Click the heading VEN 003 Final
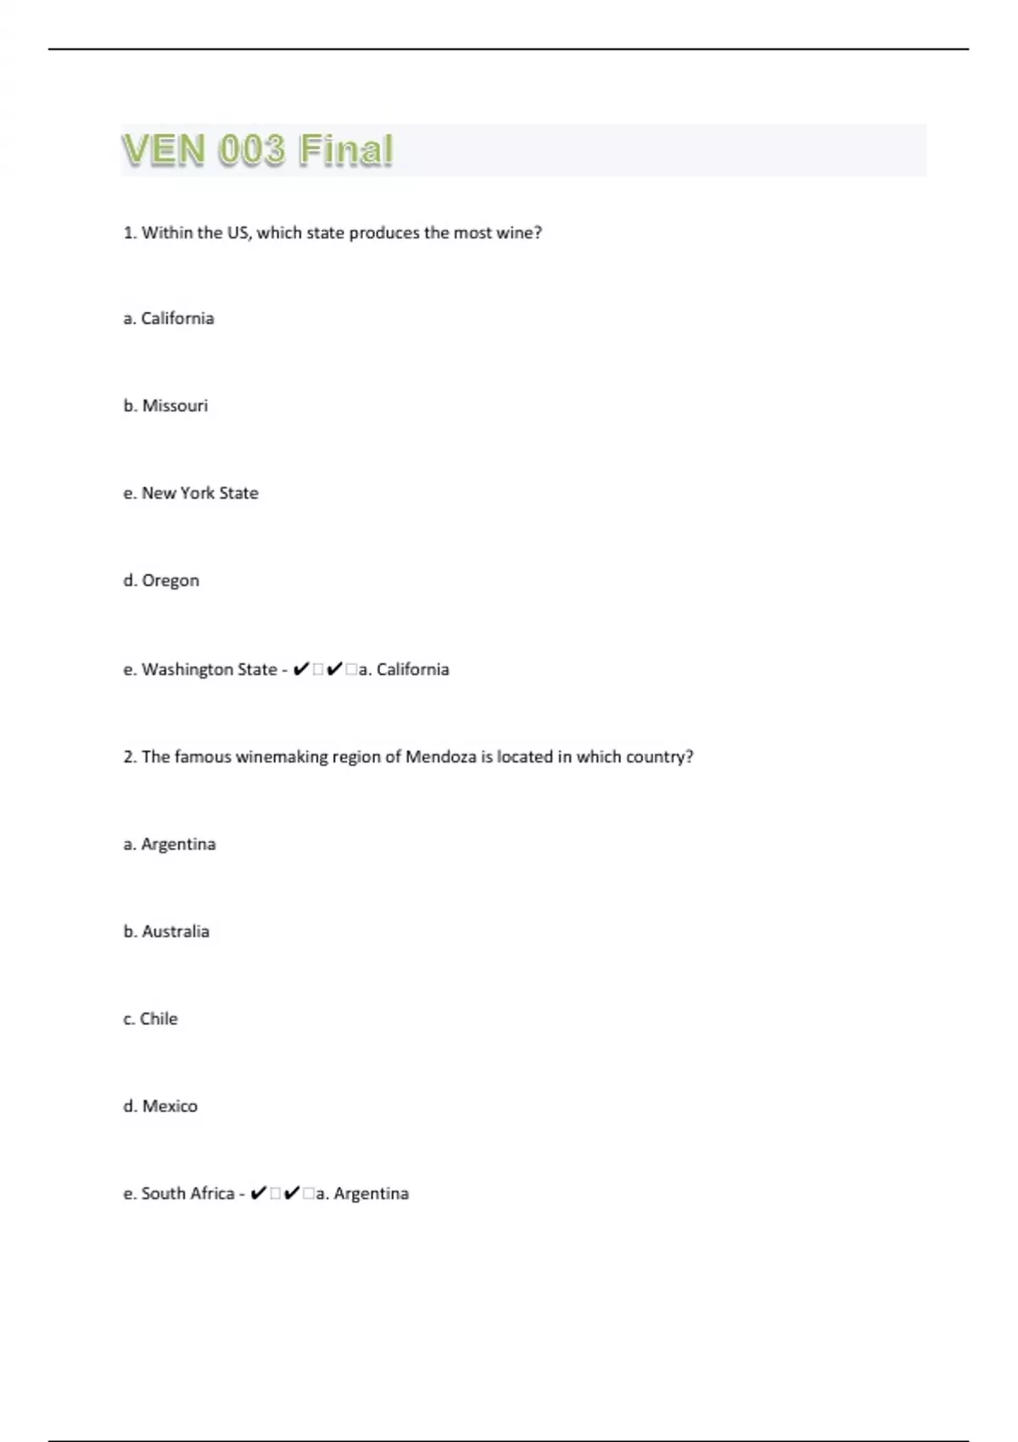tap(257, 150)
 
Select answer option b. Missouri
tap(165, 405)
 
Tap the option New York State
tap(199, 493)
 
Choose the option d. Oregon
tap(161, 581)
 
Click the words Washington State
tap(209, 669)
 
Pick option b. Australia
tap(166, 931)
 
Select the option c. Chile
tap(150, 1019)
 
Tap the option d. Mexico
tap(160, 1106)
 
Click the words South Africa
tap(187, 1193)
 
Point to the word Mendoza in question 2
tap(440, 757)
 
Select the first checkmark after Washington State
tap(300, 669)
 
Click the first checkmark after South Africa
tap(259, 1193)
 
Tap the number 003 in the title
tap(251, 150)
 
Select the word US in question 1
tap(238, 232)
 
